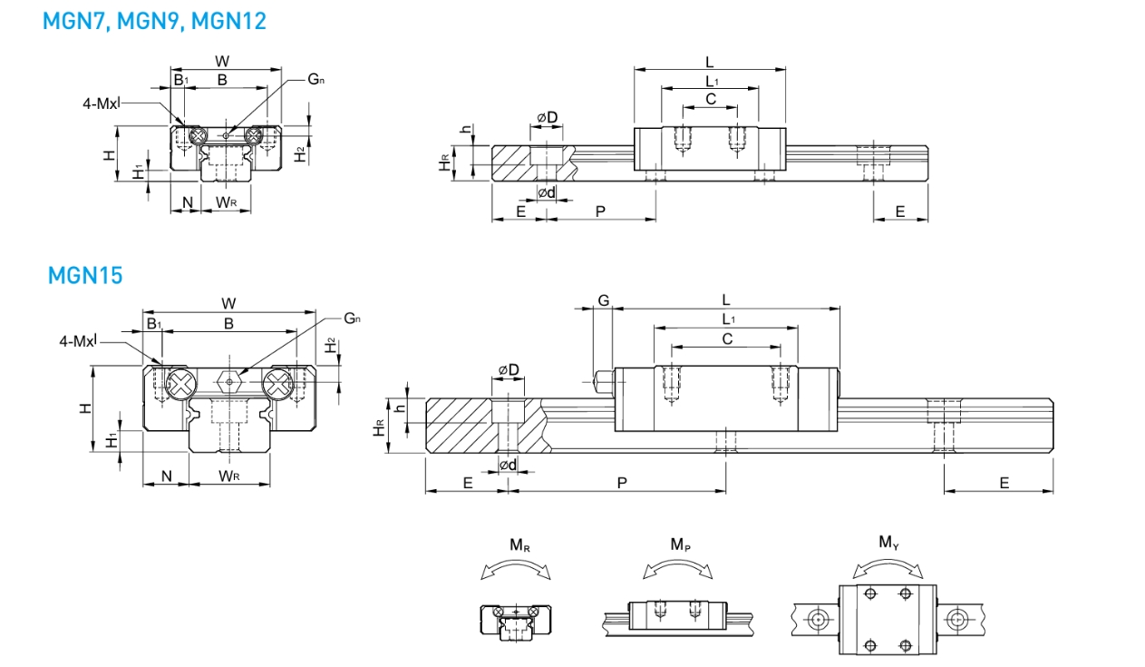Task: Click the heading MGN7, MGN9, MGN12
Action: [x=154, y=22]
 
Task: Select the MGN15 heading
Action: [x=85, y=276]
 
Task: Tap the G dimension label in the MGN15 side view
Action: [x=604, y=300]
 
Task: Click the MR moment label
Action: [x=519, y=545]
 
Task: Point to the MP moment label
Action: [x=680, y=544]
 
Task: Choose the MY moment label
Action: [x=889, y=542]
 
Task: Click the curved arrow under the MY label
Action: [x=888, y=569]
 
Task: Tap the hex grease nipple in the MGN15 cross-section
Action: [x=229, y=381]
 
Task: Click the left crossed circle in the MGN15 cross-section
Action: [x=181, y=384]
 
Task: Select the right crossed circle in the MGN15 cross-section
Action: [x=277, y=384]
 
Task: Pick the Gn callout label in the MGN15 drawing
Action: [x=352, y=319]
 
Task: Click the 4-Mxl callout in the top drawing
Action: [x=102, y=103]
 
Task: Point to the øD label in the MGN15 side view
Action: [x=509, y=369]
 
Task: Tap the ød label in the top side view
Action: [x=547, y=192]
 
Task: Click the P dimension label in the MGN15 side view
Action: [x=622, y=483]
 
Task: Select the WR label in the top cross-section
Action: [x=226, y=202]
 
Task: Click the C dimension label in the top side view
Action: [x=711, y=99]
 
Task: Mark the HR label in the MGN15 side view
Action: [x=379, y=427]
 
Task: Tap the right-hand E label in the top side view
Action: [x=900, y=211]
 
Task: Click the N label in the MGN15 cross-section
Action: [x=167, y=476]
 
